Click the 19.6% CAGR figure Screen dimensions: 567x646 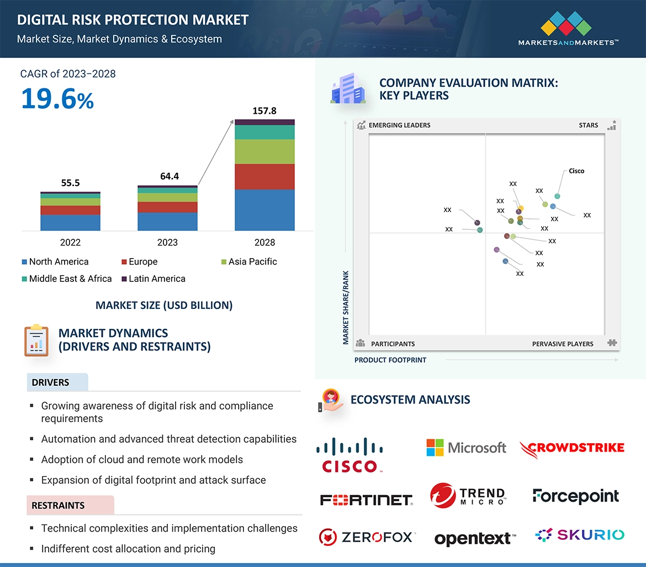(57, 99)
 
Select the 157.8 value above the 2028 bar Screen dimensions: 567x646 (264, 111)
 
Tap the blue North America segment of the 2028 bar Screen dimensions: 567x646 (264, 210)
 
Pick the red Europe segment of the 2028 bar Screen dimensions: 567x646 (264, 177)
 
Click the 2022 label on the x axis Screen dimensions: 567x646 (70, 243)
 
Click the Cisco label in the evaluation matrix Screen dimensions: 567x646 (576, 171)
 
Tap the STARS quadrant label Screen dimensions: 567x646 (589, 125)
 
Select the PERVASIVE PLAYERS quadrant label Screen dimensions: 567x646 (563, 344)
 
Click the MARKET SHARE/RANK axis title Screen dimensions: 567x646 (346, 307)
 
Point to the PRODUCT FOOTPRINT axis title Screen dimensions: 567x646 (390, 360)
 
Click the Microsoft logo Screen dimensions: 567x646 (467, 448)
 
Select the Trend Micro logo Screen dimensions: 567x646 (467, 495)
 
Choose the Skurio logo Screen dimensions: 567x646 (580, 534)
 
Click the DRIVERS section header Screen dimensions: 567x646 (51, 382)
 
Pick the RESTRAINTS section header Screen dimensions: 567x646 (59, 505)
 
